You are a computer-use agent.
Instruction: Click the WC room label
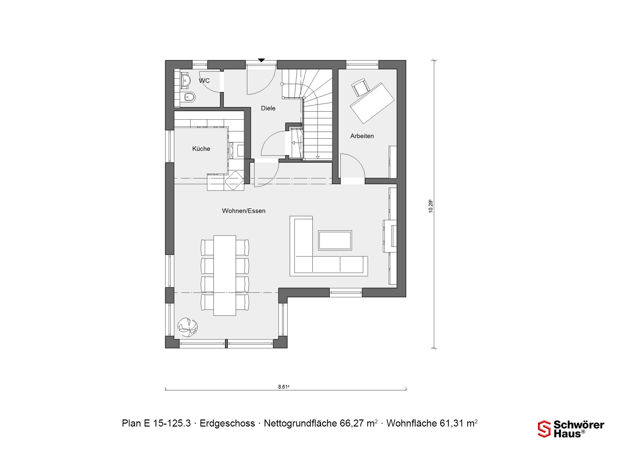coord(204,80)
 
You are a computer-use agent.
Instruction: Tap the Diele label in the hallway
coord(268,108)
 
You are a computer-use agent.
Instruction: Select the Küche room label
coord(201,148)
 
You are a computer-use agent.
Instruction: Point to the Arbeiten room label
coord(362,136)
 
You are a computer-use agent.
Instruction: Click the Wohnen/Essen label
coord(244,211)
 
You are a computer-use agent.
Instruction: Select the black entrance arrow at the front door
coord(261,60)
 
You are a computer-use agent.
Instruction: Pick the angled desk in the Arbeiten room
coord(372,103)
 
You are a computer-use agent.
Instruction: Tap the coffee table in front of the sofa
coord(335,240)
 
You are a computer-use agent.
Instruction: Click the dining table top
coord(225,275)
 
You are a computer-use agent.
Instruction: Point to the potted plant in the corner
coord(188,327)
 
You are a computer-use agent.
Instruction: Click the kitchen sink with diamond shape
coord(234,181)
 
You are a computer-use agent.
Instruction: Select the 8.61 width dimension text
coord(284,387)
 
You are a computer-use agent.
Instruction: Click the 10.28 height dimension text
coord(431,206)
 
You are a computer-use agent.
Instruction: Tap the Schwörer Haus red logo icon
coord(544,429)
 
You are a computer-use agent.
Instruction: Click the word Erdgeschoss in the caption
coord(227,423)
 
